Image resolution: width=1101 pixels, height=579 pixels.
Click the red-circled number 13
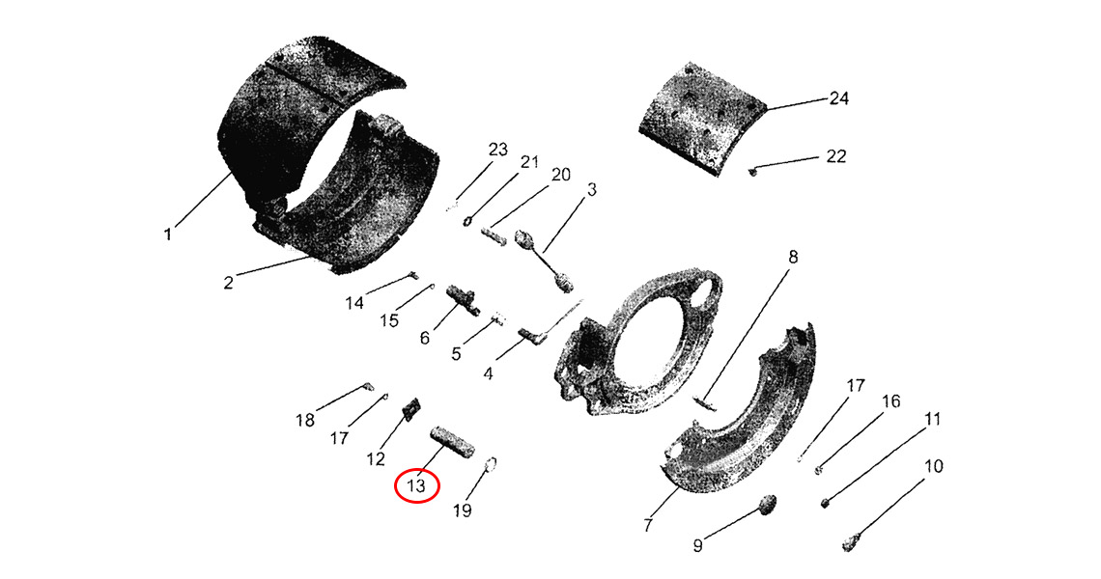(x=417, y=485)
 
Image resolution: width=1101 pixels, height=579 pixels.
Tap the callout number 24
(x=838, y=98)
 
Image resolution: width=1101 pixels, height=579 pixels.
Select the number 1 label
(x=168, y=234)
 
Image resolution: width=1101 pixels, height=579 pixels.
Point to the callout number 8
(x=793, y=257)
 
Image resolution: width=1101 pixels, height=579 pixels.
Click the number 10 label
(x=933, y=466)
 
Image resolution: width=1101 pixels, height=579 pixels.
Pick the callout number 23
(x=497, y=150)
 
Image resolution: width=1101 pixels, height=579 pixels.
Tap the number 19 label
(x=462, y=510)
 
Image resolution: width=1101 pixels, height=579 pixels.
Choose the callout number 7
(x=647, y=524)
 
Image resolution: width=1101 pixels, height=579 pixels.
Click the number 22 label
(x=835, y=155)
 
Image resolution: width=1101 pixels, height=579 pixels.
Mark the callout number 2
(x=228, y=283)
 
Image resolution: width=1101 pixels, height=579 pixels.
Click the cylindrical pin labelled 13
(x=453, y=441)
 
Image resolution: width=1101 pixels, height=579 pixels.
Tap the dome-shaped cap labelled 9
(x=769, y=504)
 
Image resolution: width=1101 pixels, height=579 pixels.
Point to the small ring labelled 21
(x=467, y=222)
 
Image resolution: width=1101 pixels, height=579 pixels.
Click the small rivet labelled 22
(x=753, y=169)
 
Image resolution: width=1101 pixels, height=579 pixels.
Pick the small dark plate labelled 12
(x=411, y=407)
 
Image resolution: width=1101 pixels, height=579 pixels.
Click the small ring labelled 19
(x=493, y=462)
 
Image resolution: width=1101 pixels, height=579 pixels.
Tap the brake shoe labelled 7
(x=737, y=414)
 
